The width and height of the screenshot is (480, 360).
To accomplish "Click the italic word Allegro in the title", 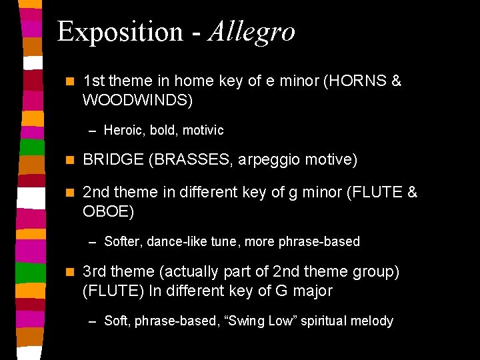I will (x=251, y=32).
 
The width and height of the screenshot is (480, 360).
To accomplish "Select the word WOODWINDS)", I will (x=137, y=100).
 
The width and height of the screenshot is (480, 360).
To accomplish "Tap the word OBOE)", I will (x=108, y=211).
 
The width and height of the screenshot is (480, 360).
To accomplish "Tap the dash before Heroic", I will (x=94, y=131).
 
